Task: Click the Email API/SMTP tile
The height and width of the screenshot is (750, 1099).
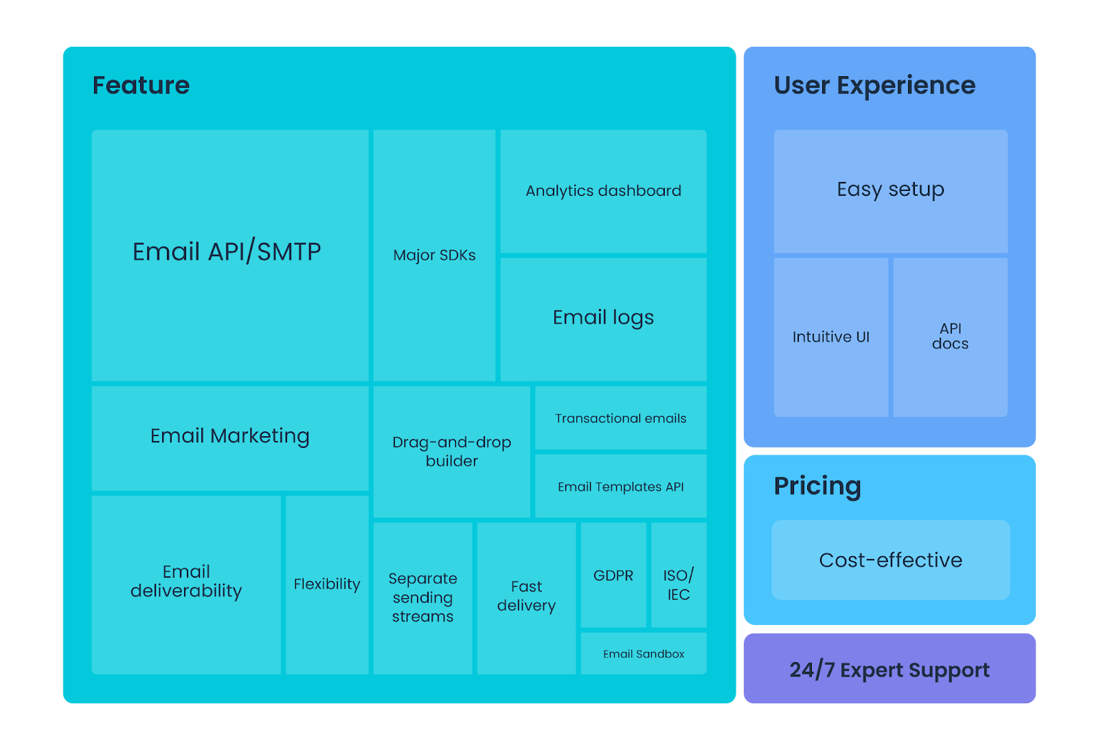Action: [229, 255]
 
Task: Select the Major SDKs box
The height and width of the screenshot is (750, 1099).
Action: [434, 255]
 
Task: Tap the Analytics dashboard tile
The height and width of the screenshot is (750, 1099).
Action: [603, 191]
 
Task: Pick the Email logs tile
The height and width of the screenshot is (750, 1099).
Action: [603, 318]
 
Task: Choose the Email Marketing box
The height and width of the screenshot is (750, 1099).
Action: [229, 437]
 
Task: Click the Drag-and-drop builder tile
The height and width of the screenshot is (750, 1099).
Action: [451, 451]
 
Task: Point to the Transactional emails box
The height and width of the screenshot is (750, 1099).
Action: [620, 418]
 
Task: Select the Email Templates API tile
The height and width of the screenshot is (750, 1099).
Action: [620, 486]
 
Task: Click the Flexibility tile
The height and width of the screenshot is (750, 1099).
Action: [327, 584]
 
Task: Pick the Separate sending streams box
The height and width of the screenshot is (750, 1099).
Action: [422, 598]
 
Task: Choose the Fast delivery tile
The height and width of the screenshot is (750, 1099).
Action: [526, 596]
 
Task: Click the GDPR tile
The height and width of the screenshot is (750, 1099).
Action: [613, 576]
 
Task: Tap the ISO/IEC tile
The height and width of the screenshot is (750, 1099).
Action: [678, 584]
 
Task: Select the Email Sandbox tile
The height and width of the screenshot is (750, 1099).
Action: [644, 654]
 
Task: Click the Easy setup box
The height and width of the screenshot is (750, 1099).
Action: [890, 190]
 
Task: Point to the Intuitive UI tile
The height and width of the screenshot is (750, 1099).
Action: [830, 337]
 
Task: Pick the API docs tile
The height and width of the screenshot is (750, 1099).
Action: [950, 337]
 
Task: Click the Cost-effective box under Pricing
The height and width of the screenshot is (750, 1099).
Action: [890, 560]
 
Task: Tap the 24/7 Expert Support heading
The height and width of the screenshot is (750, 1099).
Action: [890, 670]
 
